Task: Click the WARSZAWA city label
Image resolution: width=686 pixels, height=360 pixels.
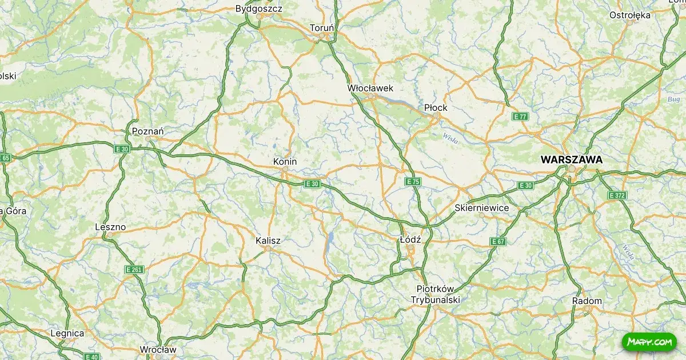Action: point(571,160)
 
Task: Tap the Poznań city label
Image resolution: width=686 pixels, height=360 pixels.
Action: point(147,131)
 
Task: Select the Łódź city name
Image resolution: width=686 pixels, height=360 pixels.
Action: point(410,240)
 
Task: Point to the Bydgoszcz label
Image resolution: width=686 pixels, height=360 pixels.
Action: point(259,9)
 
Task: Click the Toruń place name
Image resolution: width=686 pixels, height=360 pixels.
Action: point(321,27)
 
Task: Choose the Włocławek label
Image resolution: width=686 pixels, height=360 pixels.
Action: point(370,88)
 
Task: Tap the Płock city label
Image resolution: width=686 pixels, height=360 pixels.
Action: point(436,107)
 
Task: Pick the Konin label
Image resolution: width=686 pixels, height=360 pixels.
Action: point(285,162)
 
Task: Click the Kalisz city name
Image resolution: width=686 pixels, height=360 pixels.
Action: point(268,241)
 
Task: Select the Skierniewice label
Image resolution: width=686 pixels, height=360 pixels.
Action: point(482,207)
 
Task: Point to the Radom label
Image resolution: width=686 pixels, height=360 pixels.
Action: point(587,301)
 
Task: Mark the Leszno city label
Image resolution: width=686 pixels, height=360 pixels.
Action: point(110,227)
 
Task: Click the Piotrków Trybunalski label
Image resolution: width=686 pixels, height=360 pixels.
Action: point(436,294)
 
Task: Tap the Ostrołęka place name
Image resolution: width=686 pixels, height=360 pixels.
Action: point(630,15)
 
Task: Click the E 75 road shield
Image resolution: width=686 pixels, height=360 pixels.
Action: point(413,182)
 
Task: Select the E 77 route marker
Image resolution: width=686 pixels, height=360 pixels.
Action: point(520,117)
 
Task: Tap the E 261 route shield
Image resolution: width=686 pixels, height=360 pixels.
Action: point(134,269)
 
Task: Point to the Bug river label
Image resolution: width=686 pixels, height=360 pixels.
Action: point(673,99)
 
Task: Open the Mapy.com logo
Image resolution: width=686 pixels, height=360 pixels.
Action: point(649,342)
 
